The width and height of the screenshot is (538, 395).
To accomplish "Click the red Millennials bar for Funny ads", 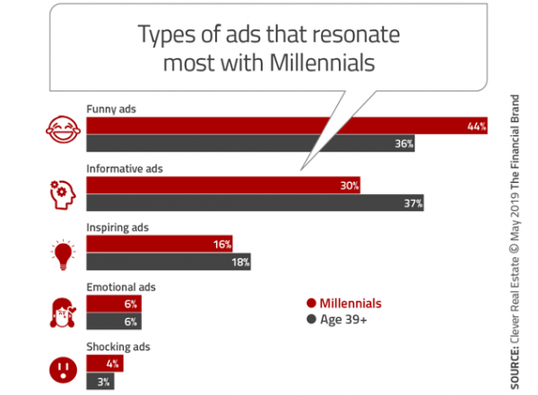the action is (x=287, y=126).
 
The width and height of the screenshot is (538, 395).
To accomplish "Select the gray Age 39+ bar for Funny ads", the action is (x=250, y=144).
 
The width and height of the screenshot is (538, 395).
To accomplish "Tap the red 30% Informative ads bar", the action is (x=224, y=186).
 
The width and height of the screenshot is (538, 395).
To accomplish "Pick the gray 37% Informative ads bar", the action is (x=255, y=203).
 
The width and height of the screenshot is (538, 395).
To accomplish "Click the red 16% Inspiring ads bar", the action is (x=160, y=244).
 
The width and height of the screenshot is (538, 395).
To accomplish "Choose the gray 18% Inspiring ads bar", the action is (x=169, y=262).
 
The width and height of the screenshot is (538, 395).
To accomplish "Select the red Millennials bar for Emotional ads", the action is (x=114, y=304).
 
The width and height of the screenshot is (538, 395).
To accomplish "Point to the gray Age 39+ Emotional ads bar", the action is (x=114, y=322).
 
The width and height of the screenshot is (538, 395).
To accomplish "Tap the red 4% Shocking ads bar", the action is (x=105, y=363).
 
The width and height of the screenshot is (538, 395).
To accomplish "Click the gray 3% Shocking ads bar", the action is (x=100, y=382).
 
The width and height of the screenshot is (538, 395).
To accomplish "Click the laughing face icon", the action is (x=63, y=129).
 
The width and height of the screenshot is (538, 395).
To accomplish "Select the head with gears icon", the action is (x=63, y=195).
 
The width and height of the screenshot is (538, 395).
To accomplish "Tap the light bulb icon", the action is (x=63, y=254).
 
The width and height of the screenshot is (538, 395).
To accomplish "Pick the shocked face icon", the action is (x=63, y=370).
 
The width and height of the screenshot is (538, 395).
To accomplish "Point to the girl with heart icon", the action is (x=63, y=312).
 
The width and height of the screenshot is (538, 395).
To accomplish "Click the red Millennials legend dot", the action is (x=311, y=303).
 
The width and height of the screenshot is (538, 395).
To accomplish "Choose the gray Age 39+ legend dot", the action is (x=311, y=319).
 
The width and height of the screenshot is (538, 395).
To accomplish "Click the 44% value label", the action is (x=477, y=127).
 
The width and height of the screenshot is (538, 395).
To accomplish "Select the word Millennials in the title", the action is (x=322, y=63).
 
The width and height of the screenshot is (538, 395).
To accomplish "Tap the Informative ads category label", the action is (x=125, y=168).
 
